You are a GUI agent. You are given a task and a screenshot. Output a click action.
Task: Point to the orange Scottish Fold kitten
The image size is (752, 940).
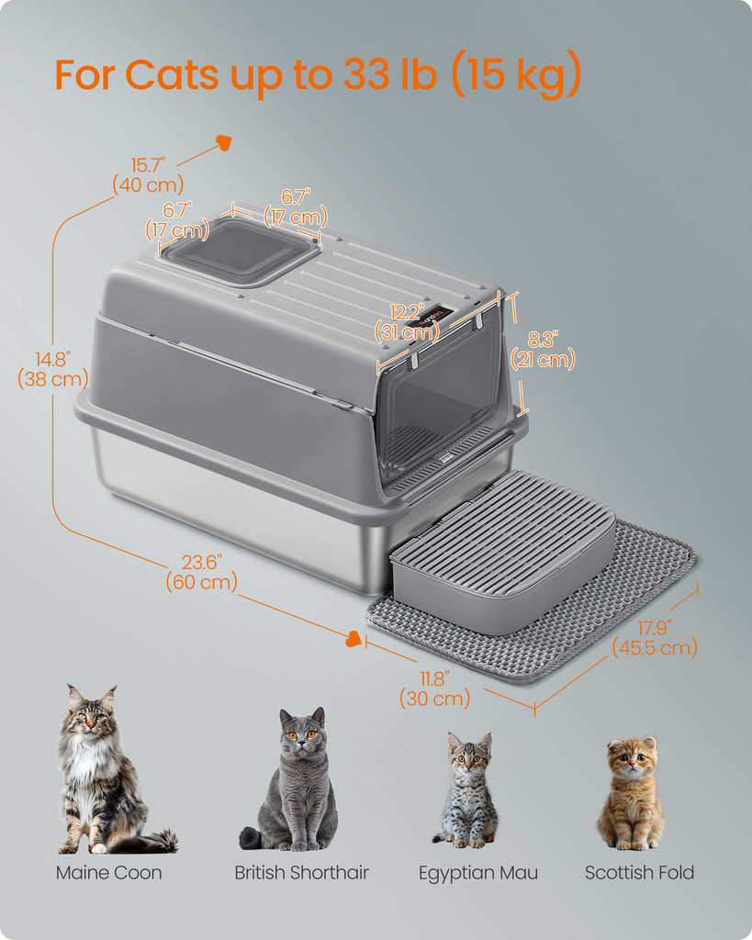631,792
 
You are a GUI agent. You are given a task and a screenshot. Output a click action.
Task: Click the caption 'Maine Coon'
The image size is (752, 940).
109,873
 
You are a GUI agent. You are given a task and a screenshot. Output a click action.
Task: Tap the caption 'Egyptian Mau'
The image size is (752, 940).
478,874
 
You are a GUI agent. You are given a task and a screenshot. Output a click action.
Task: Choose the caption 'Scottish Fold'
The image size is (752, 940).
639,873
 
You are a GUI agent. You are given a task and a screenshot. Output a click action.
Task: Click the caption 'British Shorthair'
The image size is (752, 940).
301,873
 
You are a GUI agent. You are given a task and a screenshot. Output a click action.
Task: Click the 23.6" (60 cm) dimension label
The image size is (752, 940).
201,572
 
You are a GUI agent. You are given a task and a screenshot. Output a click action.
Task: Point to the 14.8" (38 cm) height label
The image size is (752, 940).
53,369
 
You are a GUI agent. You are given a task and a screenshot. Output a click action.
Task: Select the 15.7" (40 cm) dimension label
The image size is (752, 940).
148,175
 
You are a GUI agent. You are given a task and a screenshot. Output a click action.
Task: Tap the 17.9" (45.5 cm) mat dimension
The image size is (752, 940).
655,638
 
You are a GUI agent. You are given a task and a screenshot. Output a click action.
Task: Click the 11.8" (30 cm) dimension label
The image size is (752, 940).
435,688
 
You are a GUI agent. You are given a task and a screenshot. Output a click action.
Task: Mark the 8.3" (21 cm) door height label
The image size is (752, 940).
543,350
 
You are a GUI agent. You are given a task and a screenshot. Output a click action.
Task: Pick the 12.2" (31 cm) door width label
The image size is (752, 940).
407,322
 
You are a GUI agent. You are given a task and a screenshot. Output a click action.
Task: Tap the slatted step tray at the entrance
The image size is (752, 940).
502,552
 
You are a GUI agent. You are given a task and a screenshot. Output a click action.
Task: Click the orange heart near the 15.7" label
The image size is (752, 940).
224,142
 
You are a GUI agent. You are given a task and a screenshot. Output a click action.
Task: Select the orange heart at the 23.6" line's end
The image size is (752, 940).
354,639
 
